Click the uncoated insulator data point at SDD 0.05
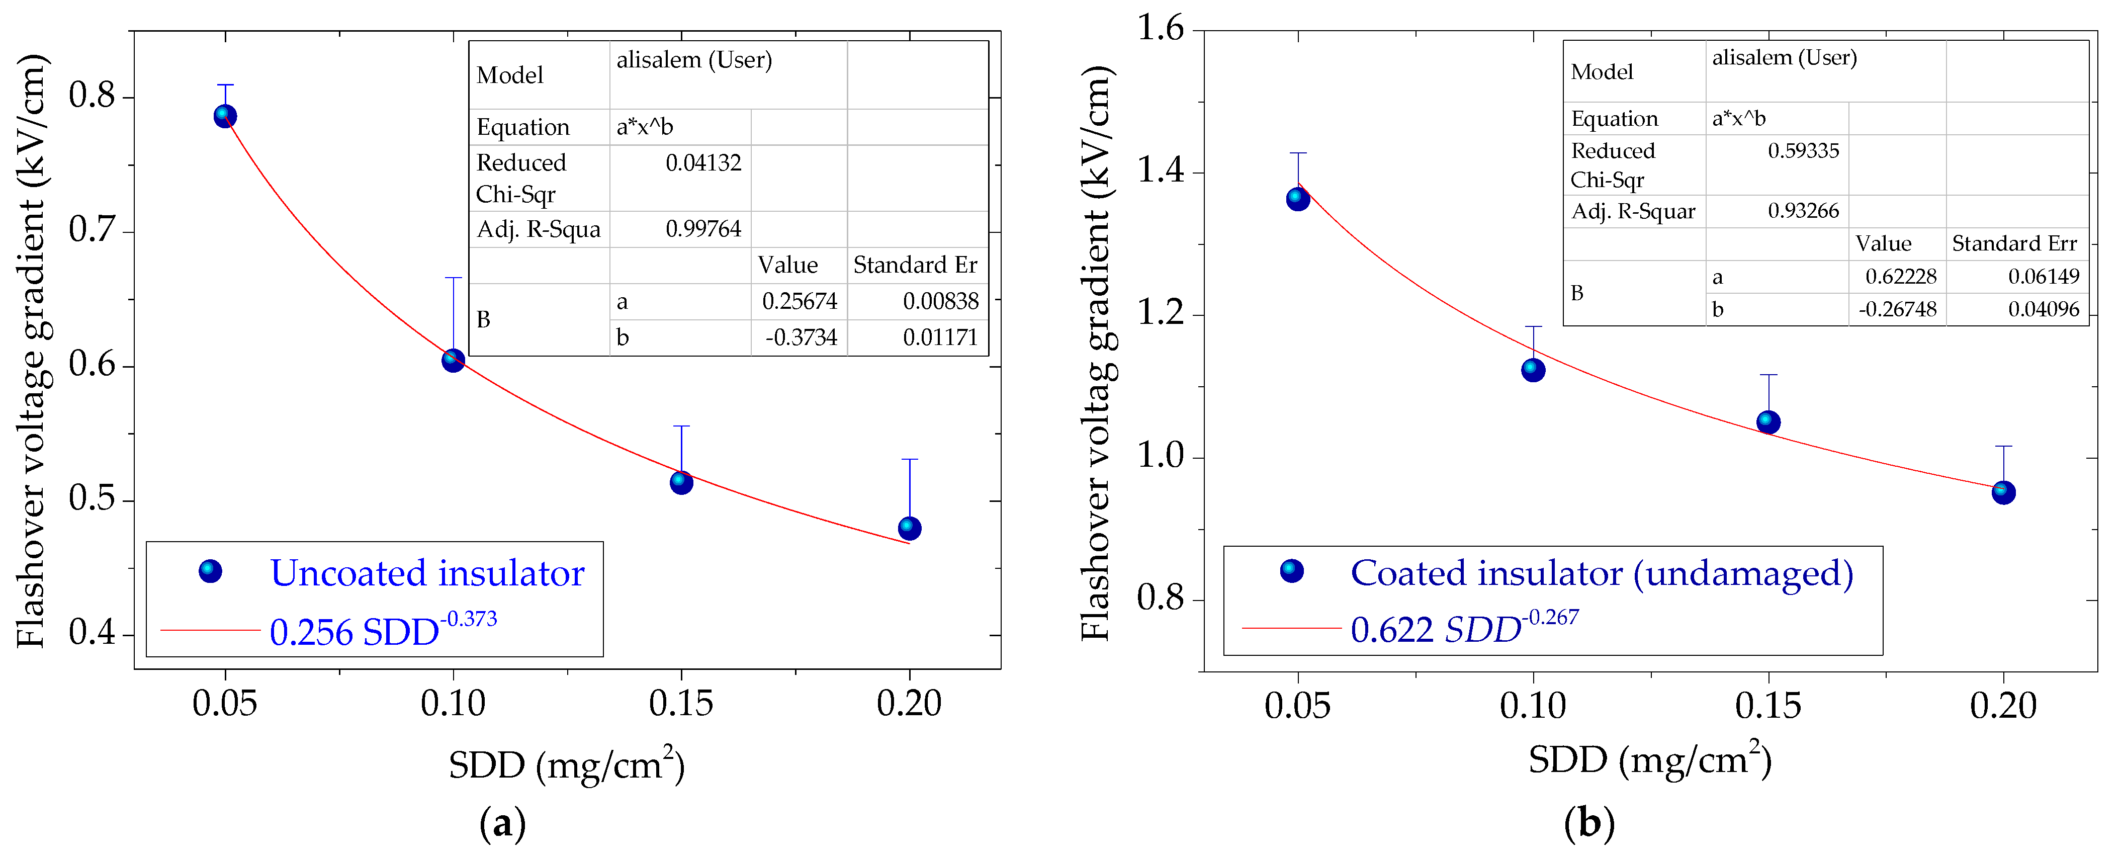(225, 116)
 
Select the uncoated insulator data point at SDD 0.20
(909, 528)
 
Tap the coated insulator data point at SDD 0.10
(1533, 370)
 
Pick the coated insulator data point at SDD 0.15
(1768, 422)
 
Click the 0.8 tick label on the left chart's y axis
(92, 97)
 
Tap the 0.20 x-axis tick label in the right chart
(2003, 706)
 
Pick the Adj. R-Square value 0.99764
(703, 229)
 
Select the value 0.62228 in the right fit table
(1900, 276)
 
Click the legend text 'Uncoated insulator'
(427, 573)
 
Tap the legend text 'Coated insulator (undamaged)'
(1602, 573)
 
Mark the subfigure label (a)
(502, 824)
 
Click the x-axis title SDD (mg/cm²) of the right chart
(1650, 759)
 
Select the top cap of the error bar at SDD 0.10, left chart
(453, 278)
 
